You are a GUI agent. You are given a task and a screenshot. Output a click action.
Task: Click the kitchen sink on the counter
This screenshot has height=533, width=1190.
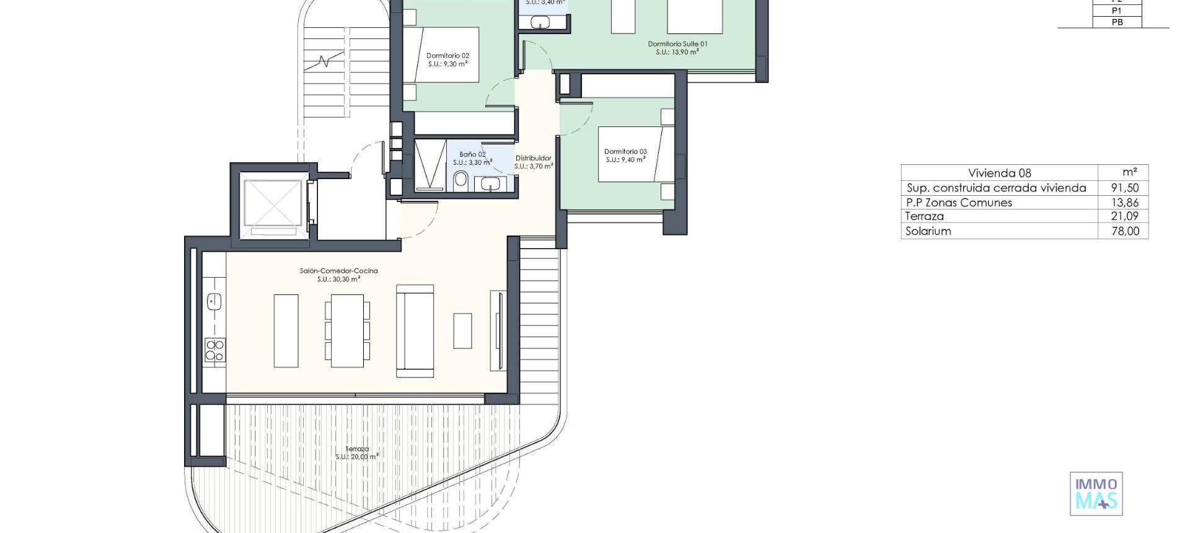(x=214, y=302)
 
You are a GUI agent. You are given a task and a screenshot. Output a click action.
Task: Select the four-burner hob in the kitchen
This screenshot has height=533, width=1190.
(x=215, y=350)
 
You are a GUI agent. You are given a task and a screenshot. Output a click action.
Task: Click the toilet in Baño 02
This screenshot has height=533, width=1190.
(x=461, y=180)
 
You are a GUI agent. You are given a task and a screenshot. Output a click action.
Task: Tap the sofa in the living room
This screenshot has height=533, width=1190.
(x=415, y=331)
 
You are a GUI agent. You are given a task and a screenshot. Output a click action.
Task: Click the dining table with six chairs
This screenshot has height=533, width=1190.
(x=347, y=330)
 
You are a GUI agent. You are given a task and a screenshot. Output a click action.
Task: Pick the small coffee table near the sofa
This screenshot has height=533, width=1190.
(x=462, y=330)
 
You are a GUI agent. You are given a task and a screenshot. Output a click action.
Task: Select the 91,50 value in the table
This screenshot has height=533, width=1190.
(x=1124, y=188)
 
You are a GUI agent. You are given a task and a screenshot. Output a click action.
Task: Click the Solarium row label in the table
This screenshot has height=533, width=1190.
(x=928, y=231)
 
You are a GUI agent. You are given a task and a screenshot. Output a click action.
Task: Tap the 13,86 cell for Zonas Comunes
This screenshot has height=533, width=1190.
(x=1124, y=203)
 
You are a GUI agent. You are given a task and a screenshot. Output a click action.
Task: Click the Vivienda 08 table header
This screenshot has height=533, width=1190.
(x=999, y=173)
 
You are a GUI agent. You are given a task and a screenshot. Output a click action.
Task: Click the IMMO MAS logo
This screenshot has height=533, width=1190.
(x=1096, y=493)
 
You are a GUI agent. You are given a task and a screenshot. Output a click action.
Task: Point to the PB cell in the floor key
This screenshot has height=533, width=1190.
(x=1117, y=22)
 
